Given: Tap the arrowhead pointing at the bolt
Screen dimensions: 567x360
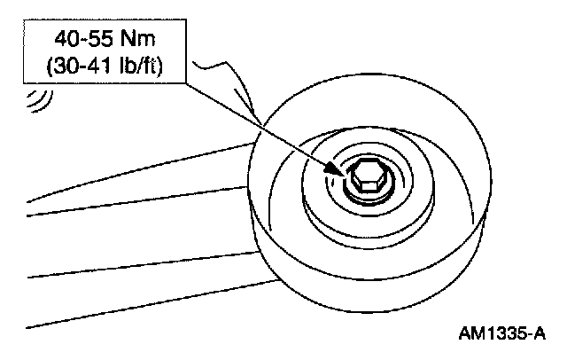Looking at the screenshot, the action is click(339, 166).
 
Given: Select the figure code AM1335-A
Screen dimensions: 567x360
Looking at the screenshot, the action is click(501, 335).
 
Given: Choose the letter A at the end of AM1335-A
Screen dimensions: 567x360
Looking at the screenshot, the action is click(539, 335).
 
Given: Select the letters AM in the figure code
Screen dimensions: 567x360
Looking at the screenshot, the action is click(471, 335).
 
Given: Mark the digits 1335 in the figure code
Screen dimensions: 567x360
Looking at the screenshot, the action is click(504, 335).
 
